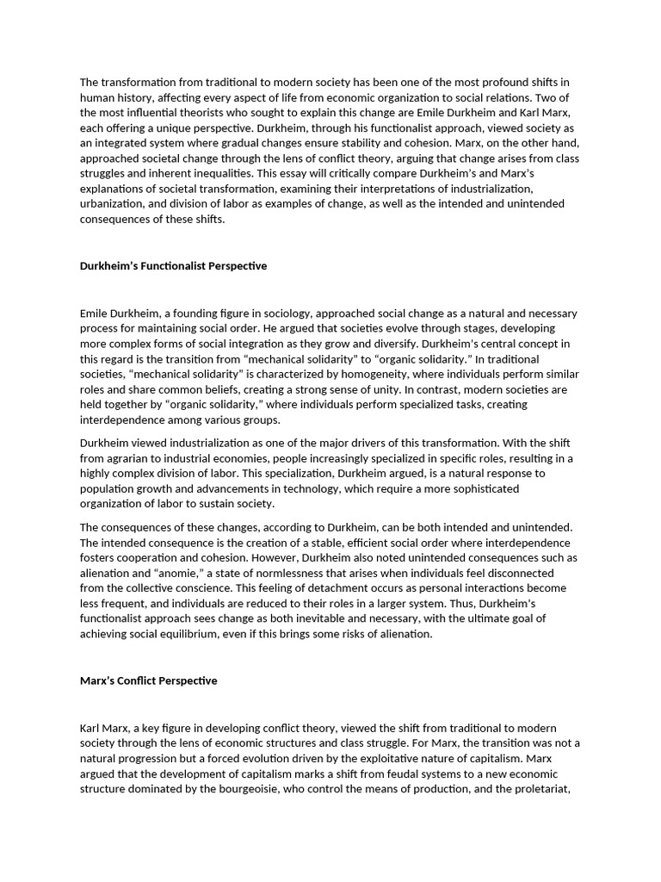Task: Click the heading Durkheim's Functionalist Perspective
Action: [x=173, y=266]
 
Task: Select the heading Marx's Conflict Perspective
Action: [x=148, y=680]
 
